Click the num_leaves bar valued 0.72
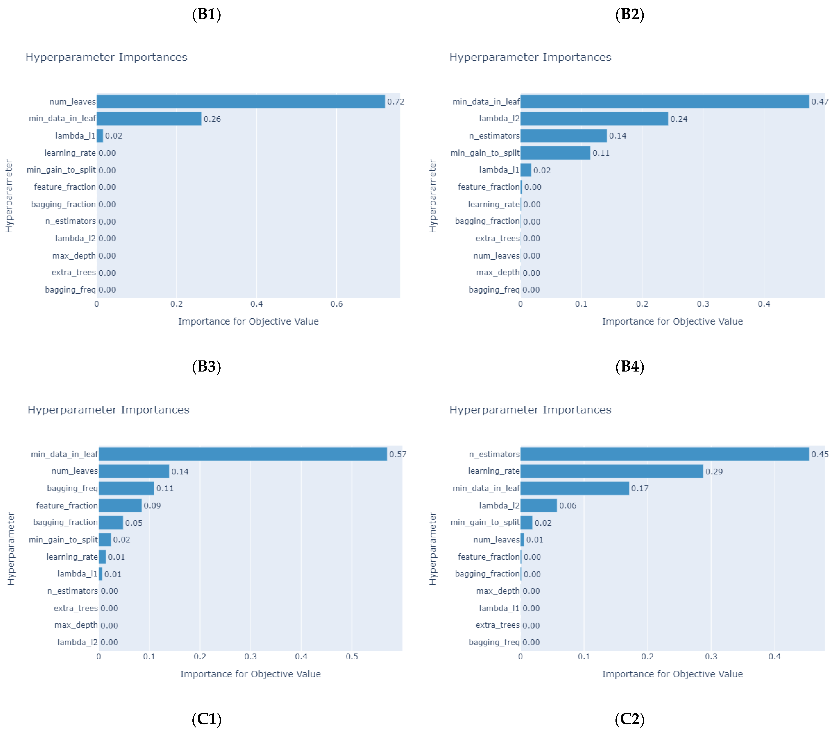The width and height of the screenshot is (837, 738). (241, 102)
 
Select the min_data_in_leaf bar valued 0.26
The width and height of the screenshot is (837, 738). (149, 119)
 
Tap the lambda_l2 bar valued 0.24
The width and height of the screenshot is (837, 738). (594, 119)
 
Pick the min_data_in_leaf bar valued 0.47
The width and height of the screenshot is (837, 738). (665, 102)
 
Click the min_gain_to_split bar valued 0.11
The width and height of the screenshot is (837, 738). (555, 153)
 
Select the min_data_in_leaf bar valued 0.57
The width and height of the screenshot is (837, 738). (243, 454)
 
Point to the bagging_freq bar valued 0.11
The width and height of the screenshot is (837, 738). (126, 488)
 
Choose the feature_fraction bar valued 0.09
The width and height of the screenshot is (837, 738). (120, 505)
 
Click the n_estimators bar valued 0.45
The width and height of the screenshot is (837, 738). (665, 454)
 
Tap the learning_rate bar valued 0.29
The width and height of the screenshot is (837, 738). (612, 471)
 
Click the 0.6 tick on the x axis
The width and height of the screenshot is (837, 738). (337, 304)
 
